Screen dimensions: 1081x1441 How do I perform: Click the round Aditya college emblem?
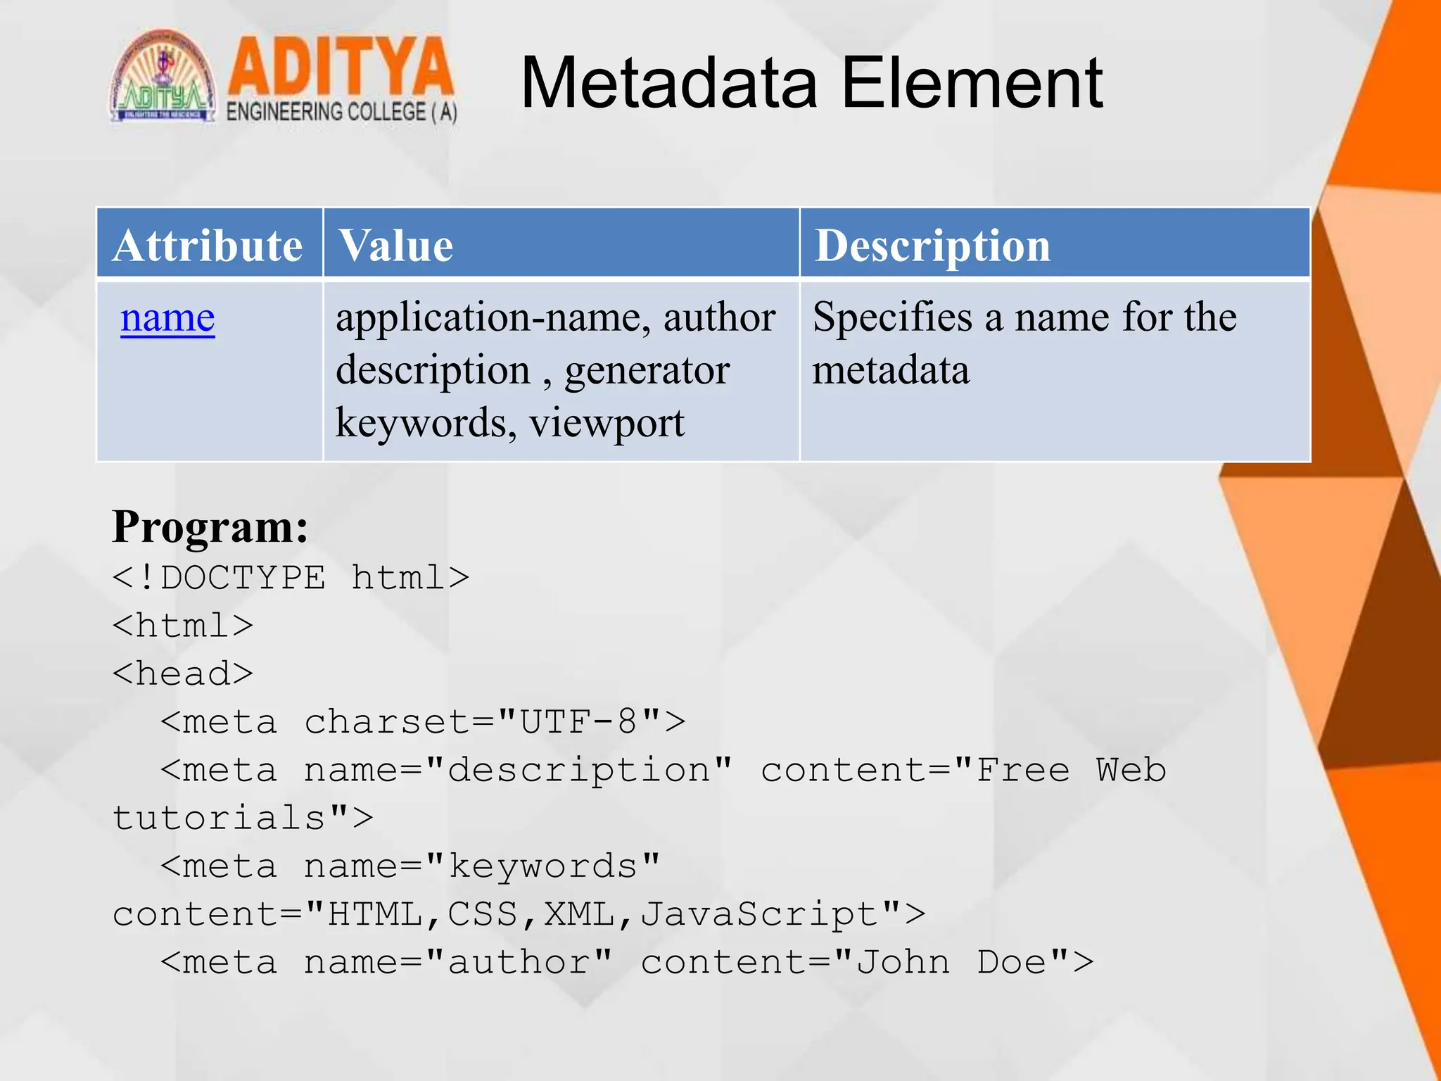(x=163, y=77)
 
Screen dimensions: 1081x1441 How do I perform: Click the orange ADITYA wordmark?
(x=341, y=67)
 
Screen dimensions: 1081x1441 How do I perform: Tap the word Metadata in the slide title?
(x=669, y=84)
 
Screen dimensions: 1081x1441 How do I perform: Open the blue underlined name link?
(x=167, y=317)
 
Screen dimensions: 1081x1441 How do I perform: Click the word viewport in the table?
(x=607, y=423)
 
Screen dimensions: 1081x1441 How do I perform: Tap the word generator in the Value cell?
(x=647, y=370)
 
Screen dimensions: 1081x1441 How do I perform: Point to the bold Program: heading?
(x=210, y=526)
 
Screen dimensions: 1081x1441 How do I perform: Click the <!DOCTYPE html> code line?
(x=291, y=578)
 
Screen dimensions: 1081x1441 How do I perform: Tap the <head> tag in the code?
(x=183, y=674)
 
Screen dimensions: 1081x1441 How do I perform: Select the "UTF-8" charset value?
(x=578, y=721)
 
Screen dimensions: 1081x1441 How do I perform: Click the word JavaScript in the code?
(x=760, y=914)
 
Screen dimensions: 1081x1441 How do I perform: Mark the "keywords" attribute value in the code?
(x=542, y=866)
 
